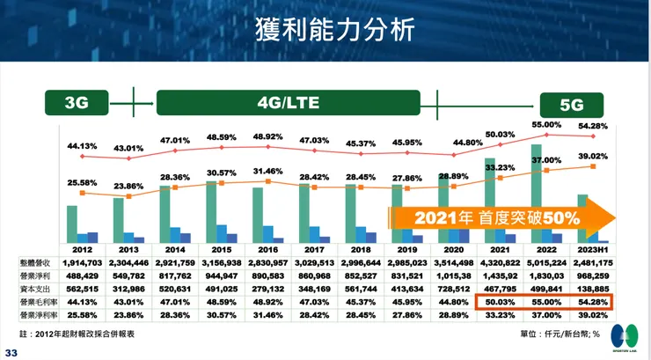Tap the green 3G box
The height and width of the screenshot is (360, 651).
tap(77, 103)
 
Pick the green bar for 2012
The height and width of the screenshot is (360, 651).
tap(72, 224)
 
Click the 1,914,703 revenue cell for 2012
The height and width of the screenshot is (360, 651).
tap(84, 262)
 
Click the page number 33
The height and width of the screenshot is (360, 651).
tap(11, 353)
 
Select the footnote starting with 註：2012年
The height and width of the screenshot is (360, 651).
tap(97, 334)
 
